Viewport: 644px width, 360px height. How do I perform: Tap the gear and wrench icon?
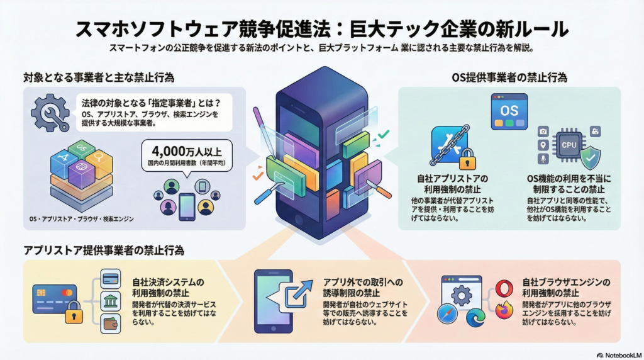tap(50, 113)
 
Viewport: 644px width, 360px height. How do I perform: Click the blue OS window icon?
tap(508, 112)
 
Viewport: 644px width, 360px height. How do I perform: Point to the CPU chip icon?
tap(569, 145)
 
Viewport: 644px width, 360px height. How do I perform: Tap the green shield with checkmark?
tap(591, 157)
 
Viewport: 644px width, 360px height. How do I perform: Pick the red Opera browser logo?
tap(503, 289)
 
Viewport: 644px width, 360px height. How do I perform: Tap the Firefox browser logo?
tap(503, 310)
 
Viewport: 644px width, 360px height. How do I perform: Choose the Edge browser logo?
tap(475, 318)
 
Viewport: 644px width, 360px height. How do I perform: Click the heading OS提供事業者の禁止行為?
tap(509, 78)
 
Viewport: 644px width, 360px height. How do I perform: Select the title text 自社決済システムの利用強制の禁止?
tap(169, 287)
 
